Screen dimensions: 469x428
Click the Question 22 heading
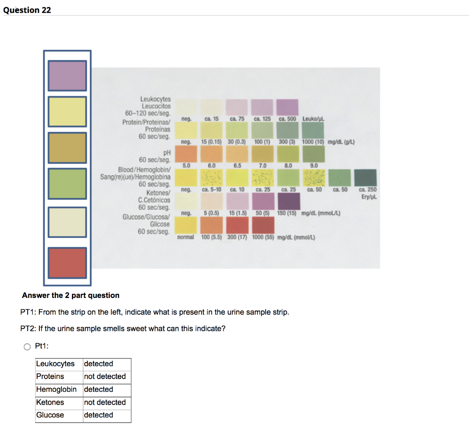27,10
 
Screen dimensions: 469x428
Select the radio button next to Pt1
27,347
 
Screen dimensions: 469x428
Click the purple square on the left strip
67,76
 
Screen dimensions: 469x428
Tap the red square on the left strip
67,262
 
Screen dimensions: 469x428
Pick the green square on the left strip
67,184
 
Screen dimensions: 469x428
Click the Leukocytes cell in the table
55,364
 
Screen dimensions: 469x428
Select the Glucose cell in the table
50,415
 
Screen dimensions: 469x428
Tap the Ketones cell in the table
50,402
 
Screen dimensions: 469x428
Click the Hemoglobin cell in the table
56,390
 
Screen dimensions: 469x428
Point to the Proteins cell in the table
50,377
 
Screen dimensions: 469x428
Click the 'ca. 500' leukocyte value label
288,119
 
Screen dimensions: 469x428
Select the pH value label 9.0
314,166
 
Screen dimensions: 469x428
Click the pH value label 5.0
186,166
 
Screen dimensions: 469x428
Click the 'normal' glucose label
185,238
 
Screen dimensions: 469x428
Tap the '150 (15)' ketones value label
288,213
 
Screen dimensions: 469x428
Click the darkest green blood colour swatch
365,177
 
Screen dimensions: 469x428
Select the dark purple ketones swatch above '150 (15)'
288,201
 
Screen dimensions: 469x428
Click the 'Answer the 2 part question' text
70,295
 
